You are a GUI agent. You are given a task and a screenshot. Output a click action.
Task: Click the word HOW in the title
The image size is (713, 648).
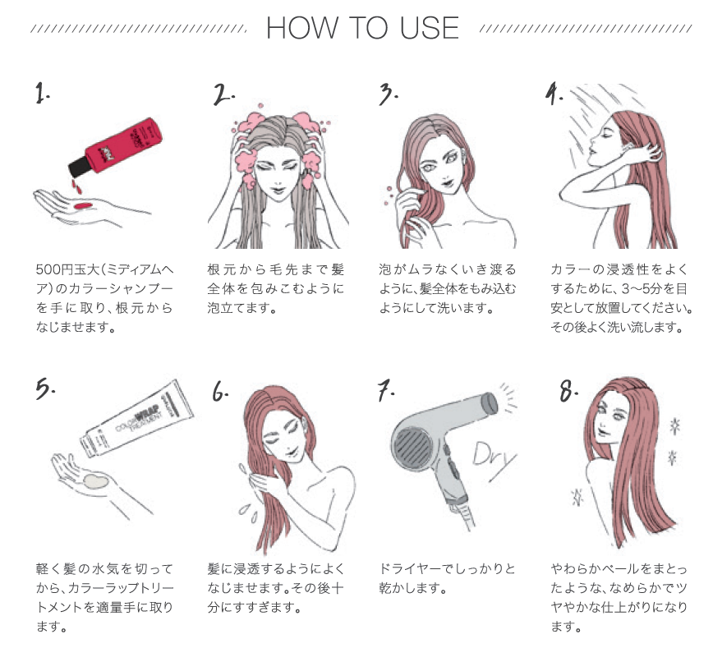click(x=302, y=28)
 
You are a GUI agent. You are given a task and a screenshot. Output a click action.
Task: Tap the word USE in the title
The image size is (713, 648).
click(x=430, y=28)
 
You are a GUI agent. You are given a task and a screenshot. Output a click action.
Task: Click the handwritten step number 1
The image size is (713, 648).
click(x=42, y=94)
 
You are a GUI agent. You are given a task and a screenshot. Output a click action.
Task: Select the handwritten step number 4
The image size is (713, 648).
click(x=554, y=94)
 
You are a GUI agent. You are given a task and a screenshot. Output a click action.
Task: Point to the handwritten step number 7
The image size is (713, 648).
click(x=385, y=391)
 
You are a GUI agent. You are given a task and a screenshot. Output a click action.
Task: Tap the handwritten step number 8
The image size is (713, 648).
click(x=568, y=391)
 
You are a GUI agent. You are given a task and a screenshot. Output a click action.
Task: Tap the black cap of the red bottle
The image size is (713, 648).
click(x=79, y=168)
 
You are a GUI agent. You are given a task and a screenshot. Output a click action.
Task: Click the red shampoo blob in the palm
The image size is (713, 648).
click(x=83, y=206)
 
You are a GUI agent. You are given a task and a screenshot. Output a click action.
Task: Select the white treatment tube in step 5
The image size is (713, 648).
click(x=136, y=418)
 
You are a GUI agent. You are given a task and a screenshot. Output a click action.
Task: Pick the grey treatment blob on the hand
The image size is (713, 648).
click(x=94, y=481)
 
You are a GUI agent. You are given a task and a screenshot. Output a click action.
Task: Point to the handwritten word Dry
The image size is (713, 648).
click(x=494, y=456)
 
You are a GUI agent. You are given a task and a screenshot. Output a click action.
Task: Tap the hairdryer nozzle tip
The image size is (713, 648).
click(x=490, y=404)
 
